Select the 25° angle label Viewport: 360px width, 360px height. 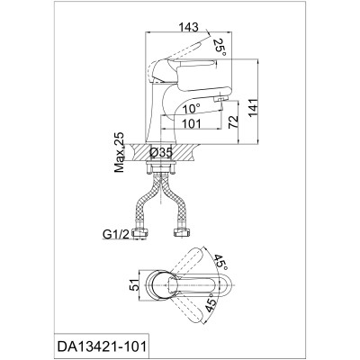pyautogui.click(x=220, y=45)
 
